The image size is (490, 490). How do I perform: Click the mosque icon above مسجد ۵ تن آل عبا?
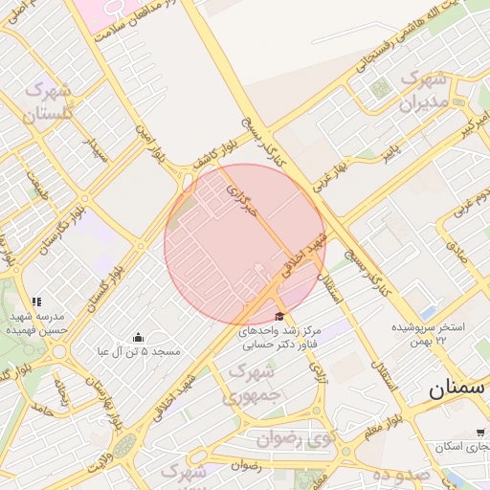point(139,337)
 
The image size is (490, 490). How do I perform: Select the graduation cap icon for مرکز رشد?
point(279,317)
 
